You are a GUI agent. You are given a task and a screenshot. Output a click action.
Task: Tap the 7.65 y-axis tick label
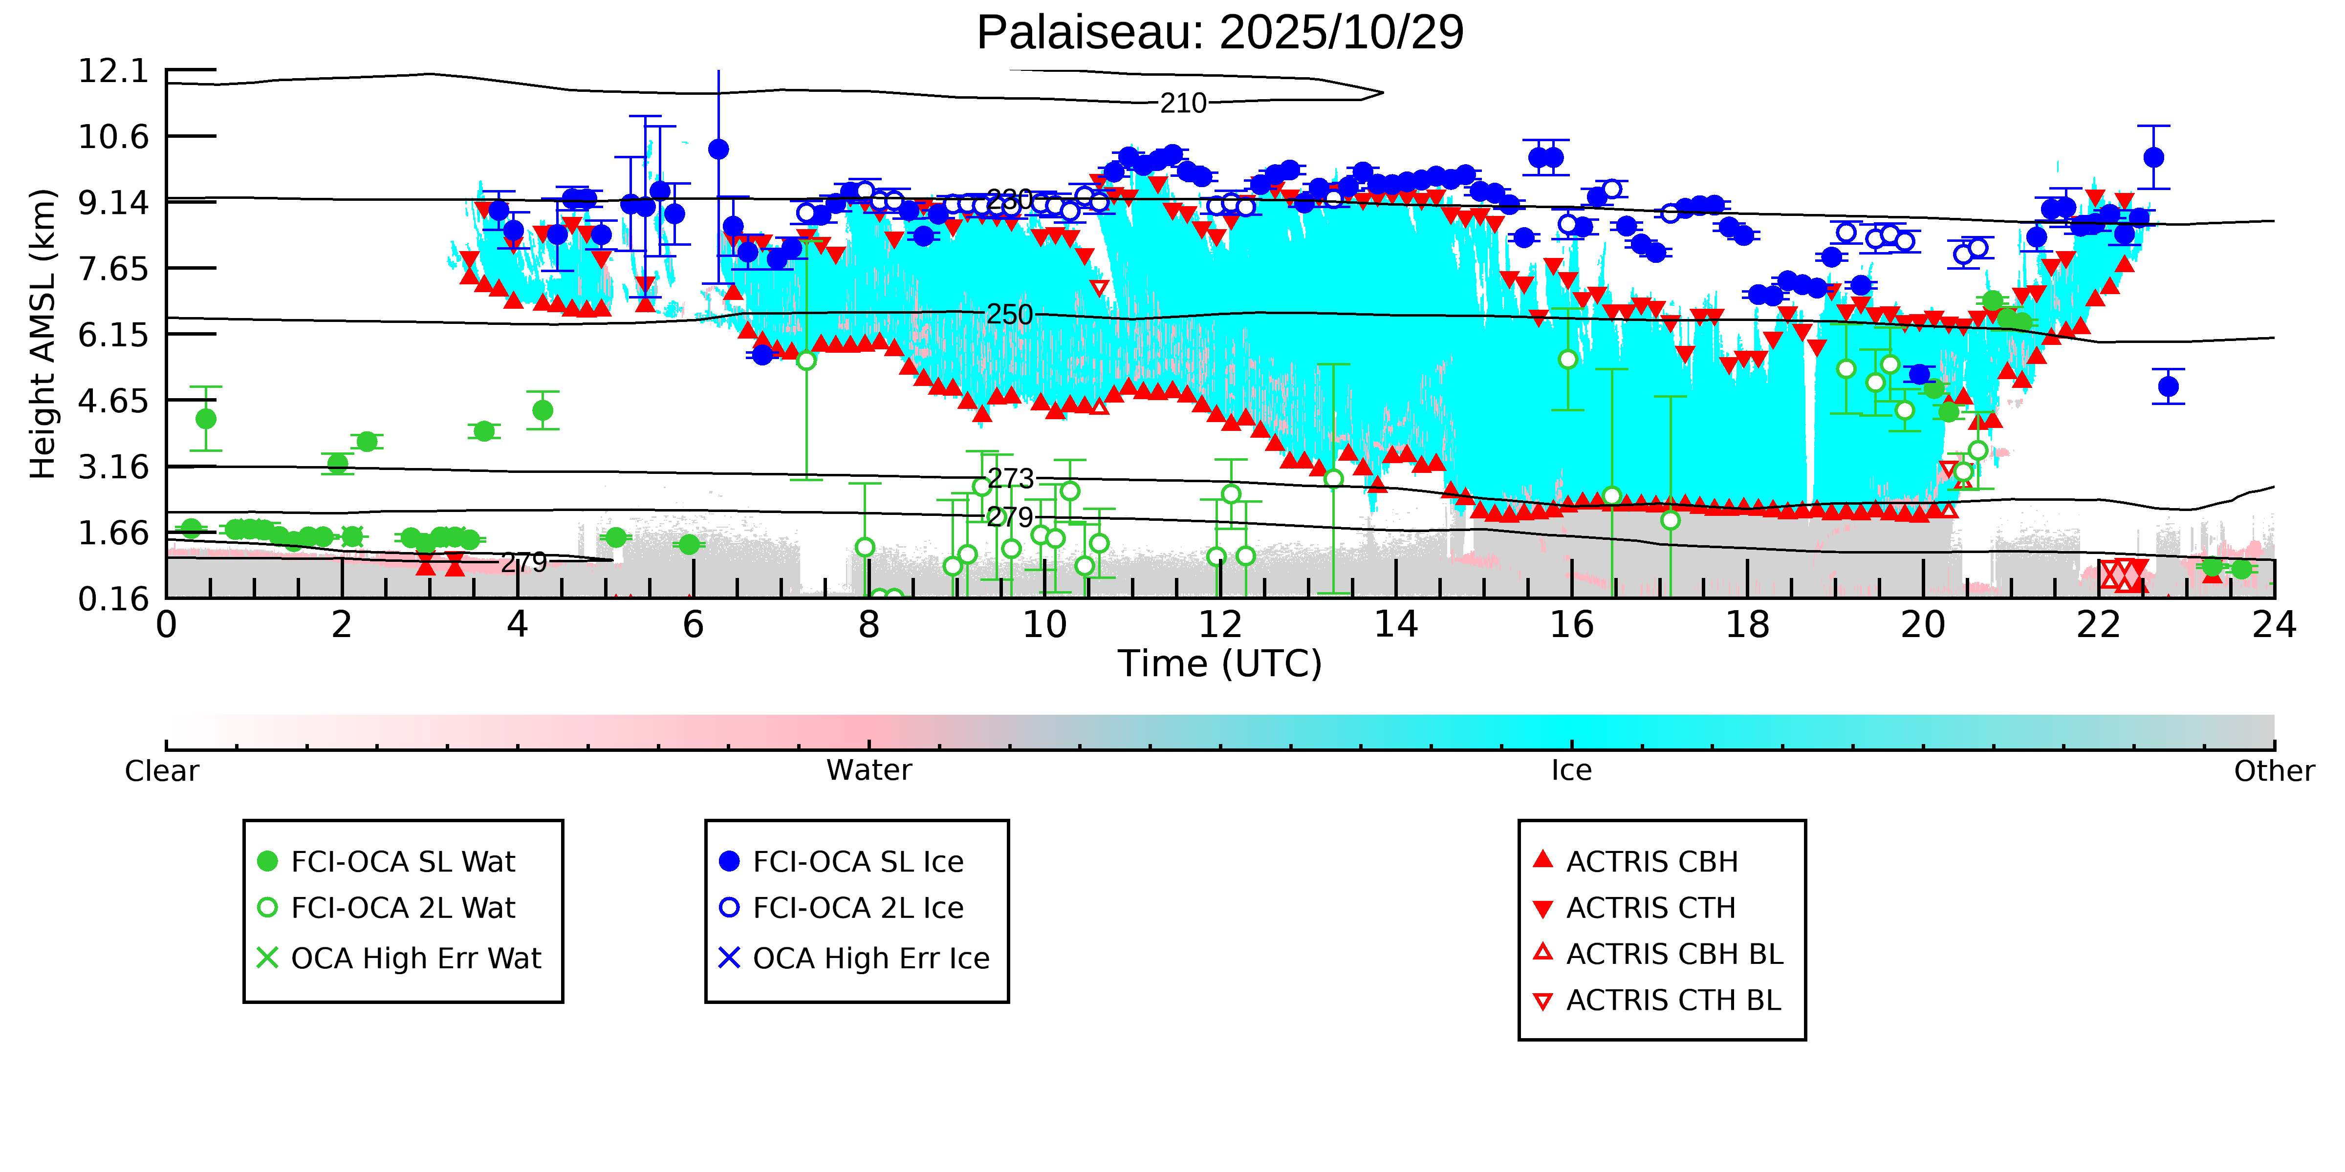click(113, 269)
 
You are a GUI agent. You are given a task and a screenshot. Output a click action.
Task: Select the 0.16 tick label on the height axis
click(113, 599)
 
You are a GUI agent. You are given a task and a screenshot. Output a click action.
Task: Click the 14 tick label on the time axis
click(1395, 625)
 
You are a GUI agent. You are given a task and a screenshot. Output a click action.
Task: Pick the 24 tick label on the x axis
click(2273, 625)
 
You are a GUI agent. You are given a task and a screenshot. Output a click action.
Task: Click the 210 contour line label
click(1182, 103)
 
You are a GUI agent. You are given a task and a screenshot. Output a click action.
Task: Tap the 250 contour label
click(1010, 315)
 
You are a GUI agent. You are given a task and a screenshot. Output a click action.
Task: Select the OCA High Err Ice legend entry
click(870, 958)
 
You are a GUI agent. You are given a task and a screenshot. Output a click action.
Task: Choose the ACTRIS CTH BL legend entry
click(1672, 1000)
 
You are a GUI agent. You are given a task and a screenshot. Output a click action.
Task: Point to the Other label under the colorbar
click(2273, 771)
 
